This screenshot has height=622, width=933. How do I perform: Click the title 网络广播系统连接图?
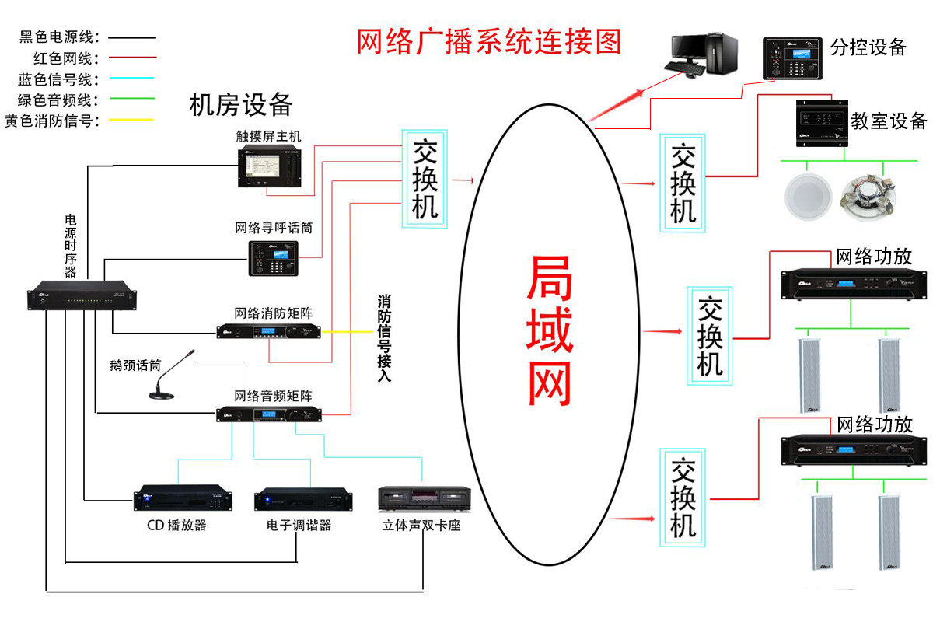489,41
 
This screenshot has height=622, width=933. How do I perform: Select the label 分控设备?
868,47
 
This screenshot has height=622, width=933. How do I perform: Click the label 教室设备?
889,121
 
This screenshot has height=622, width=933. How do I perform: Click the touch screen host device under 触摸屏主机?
270,166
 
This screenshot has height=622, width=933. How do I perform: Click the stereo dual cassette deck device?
424,499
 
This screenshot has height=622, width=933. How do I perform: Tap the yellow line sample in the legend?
131,120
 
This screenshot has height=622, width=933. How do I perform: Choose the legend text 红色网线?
63,58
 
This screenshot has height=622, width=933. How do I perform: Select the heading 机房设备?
241,104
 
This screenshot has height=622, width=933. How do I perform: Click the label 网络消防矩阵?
274,313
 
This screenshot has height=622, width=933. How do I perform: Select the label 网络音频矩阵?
274,396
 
